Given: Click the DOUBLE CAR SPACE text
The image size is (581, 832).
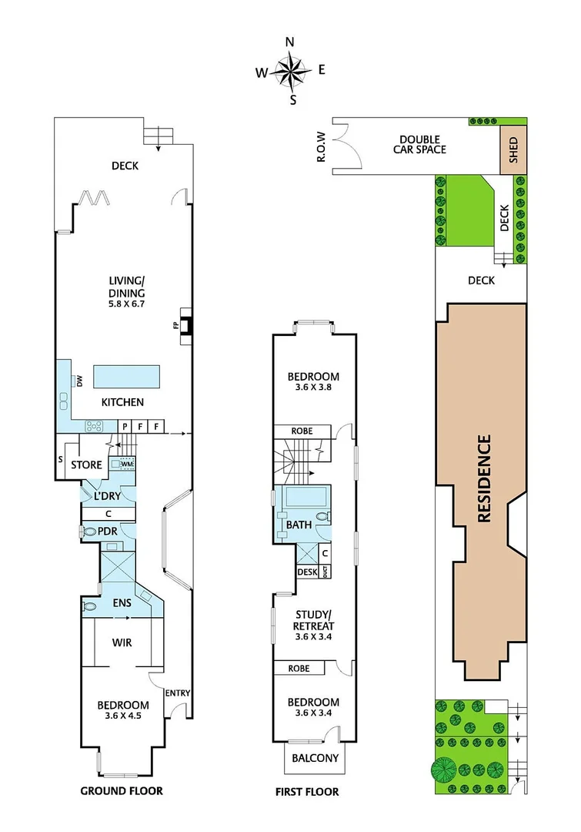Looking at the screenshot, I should click(x=419, y=144).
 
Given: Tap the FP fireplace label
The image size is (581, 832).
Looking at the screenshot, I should click(x=176, y=325).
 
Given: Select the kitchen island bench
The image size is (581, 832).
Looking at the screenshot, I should click(x=126, y=377).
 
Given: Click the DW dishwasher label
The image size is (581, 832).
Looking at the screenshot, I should click(x=79, y=380).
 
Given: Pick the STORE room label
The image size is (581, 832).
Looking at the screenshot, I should click(x=86, y=465).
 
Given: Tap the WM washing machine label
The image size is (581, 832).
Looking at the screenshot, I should click(x=127, y=465).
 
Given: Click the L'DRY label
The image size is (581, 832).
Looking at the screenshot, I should click(x=109, y=497).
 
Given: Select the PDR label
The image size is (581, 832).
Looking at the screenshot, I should click(x=107, y=531).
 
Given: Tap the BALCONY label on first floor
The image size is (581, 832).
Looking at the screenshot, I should click(x=315, y=758).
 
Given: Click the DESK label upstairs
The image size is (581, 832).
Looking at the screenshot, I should click(x=307, y=572).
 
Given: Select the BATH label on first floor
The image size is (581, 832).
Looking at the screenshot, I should click(x=299, y=525).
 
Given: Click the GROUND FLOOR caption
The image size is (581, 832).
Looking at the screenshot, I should click(x=122, y=790).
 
